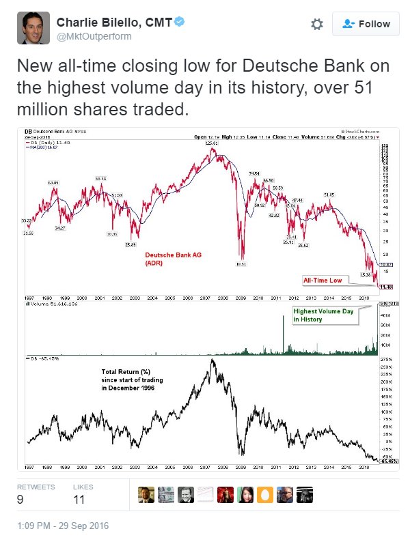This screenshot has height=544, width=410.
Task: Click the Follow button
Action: (365, 24)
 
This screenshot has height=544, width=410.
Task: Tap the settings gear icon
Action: (316, 24)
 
